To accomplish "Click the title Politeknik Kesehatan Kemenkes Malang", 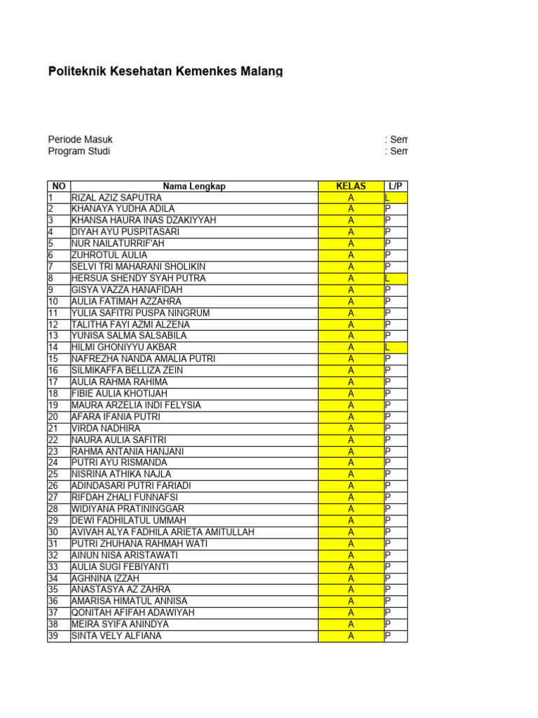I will (x=165, y=72).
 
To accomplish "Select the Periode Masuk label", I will (x=80, y=140).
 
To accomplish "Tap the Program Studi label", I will (x=78, y=151).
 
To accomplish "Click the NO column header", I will (x=59, y=186).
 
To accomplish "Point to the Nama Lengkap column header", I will (x=194, y=186).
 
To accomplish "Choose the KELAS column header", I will (x=351, y=186).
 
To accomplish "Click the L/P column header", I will (x=395, y=186).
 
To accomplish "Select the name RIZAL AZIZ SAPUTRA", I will (x=116, y=198).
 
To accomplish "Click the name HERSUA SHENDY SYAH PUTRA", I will (x=131, y=278).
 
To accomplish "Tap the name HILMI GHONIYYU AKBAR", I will (x=124, y=347).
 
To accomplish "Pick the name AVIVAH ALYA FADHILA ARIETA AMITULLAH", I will (x=163, y=532).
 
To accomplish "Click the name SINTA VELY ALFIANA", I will (x=116, y=636).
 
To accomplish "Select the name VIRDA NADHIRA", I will (x=106, y=428).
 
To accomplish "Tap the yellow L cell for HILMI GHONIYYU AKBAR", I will (x=395, y=347).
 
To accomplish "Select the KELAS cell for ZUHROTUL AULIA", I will (x=351, y=255).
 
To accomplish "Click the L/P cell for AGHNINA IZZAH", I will (x=395, y=578).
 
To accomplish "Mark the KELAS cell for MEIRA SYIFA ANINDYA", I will (x=351, y=624).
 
